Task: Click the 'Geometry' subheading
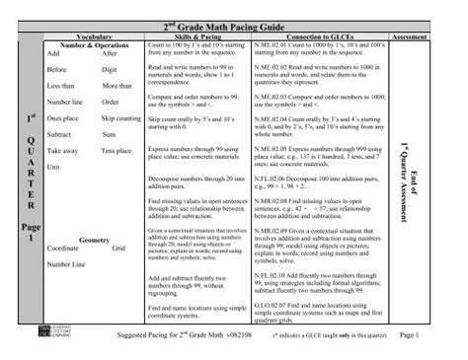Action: click(93, 240)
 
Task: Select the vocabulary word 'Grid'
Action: click(118, 248)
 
